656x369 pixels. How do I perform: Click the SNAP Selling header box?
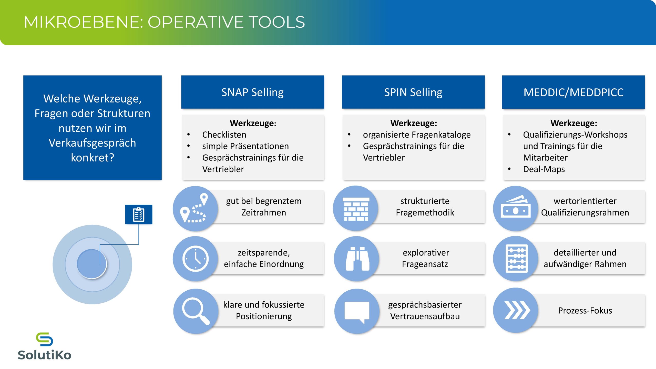252,92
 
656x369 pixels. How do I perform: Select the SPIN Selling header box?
413,92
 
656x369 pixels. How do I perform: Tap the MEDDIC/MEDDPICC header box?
573,92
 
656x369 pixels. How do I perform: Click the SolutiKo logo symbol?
44,339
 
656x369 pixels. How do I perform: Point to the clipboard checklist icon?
139,214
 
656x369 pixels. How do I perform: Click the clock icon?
196,259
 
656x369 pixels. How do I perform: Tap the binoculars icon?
357,259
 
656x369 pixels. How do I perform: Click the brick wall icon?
356,209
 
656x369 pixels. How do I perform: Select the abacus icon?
517,259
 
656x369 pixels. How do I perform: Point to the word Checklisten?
224,135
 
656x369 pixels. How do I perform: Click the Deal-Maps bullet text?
544,169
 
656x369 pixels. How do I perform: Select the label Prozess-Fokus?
585,311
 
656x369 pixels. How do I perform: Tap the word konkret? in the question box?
93,158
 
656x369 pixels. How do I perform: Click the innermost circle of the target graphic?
92,264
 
